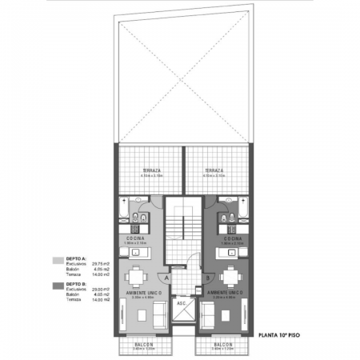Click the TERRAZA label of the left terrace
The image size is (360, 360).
pyautogui.click(x=150, y=170)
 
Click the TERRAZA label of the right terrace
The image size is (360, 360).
pyautogui.click(x=213, y=170)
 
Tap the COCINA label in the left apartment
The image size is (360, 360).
pyautogui.click(x=135, y=238)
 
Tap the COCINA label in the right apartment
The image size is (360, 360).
pyautogui.click(x=234, y=238)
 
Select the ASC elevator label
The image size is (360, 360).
pyautogui.click(x=182, y=303)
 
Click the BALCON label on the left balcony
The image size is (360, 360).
pyautogui.click(x=145, y=344)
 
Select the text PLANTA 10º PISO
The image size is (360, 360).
pyautogui.click(x=278, y=337)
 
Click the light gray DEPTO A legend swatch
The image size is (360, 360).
pyautogui.click(x=57, y=260)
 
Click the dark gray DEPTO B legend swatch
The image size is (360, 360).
pyautogui.click(x=57, y=284)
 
